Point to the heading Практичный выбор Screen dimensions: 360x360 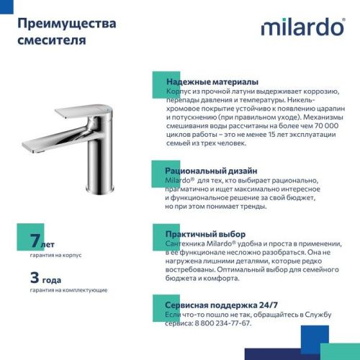[206, 235]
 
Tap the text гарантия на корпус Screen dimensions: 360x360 [56, 256]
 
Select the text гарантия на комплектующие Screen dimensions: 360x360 [69, 289]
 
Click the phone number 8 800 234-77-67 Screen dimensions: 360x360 [220, 324]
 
